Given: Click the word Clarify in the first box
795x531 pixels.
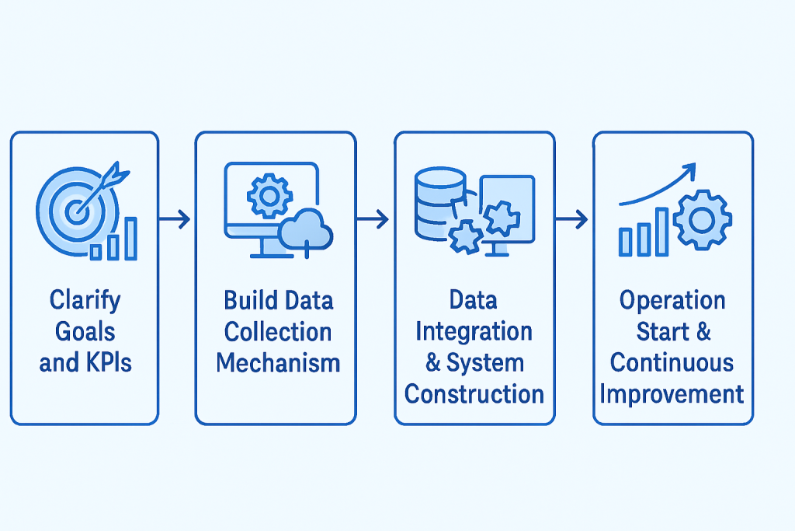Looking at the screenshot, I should tap(85, 300).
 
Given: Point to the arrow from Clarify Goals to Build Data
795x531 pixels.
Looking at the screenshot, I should tap(175, 220).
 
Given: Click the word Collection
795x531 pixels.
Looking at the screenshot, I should tap(277, 332).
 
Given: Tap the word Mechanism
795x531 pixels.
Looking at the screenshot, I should tap(277, 363).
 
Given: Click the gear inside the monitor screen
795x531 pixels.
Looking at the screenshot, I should tap(269, 194).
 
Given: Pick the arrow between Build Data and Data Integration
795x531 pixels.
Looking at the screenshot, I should tap(374, 220).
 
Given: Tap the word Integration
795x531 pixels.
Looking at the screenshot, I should tap(474, 332).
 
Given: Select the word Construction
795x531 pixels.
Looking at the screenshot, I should tap(474, 394).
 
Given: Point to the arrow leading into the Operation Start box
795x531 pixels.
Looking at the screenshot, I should tap(573, 220).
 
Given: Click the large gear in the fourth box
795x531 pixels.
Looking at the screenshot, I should tap(703, 218).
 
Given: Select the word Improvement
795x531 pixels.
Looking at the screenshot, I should tap(672, 394).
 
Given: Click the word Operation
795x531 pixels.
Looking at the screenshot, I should tap(672, 301).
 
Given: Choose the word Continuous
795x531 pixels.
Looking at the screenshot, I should tap(672, 363).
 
